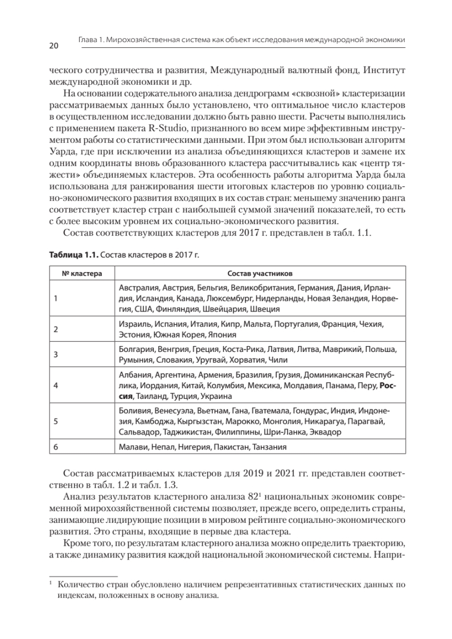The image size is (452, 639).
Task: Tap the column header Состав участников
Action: coord(259,273)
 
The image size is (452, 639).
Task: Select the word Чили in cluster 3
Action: coord(277,360)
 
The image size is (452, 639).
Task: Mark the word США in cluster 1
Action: coord(143,308)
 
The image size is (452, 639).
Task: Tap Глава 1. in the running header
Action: coord(91,40)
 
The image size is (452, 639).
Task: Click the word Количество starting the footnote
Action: coord(82,586)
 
